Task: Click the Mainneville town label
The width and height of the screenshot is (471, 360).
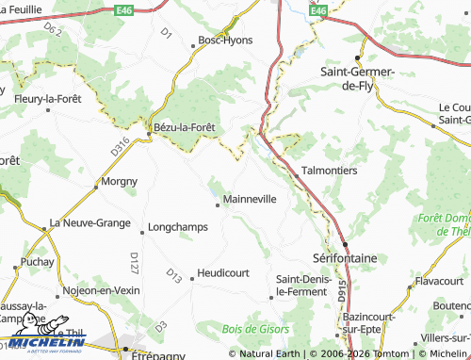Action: pyautogui.click(x=250, y=200)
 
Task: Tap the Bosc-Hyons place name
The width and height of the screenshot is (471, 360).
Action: pyautogui.click(x=222, y=40)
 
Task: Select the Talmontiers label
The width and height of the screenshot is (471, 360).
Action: pyautogui.click(x=329, y=172)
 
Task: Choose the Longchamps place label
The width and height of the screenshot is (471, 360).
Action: pyautogui.click(x=178, y=228)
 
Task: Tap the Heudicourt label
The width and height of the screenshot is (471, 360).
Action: pyautogui.click(x=223, y=273)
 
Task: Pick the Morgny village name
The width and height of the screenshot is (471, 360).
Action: pyautogui.click(x=119, y=181)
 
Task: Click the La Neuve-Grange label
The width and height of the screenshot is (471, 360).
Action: pyautogui.click(x=89, y=223)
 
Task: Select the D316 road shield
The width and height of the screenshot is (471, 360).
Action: pyautogui.click(x=119, y=147)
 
